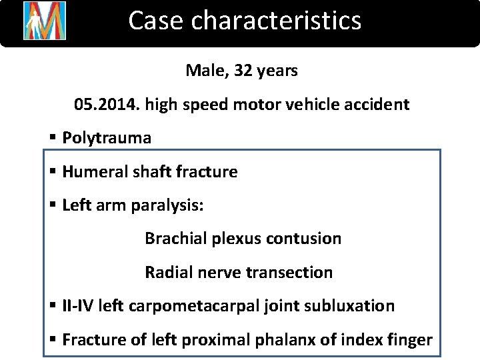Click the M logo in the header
45,21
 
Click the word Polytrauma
107,138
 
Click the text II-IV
77,306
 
